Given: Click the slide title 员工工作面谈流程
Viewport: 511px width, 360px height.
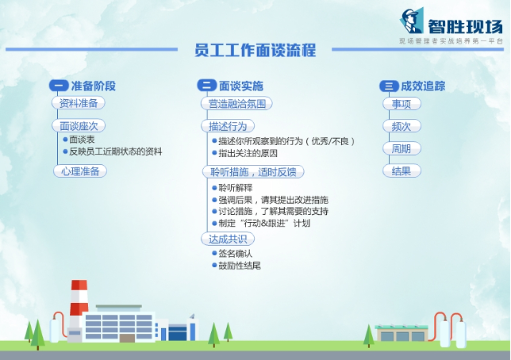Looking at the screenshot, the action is (255, 50).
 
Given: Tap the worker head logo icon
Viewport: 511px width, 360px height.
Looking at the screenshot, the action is (412, 21).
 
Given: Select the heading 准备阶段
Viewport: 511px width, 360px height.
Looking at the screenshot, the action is (93, 86).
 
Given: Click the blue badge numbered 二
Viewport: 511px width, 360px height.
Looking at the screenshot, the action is (207, 86).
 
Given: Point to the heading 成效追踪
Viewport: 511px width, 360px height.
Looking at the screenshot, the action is (423, 86).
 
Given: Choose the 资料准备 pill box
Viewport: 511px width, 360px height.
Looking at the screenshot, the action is (79, 103).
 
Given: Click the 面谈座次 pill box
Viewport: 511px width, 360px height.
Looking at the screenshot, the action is (79, 125).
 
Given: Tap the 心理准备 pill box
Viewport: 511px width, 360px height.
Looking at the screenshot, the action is (80, 170).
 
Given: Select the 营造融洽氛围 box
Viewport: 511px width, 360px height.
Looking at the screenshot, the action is (236, 104).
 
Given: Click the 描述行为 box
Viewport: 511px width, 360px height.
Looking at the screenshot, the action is (228, 126).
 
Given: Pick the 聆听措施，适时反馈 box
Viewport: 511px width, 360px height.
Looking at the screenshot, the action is (253, 172).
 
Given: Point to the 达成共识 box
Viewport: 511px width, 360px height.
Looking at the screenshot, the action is (228, 239).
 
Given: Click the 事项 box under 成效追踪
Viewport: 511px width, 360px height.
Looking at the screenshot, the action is (401, 104).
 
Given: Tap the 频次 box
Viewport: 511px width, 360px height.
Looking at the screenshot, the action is (401, 126).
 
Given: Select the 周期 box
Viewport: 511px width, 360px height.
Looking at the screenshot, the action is (401, 148).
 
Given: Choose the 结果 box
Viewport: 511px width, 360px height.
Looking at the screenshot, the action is (401, 170).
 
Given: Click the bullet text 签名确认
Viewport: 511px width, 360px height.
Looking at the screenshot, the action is (235, 254).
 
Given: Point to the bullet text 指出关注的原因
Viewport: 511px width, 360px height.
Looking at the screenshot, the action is (248, 153).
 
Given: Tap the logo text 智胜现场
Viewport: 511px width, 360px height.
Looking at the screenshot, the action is (465, 26).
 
